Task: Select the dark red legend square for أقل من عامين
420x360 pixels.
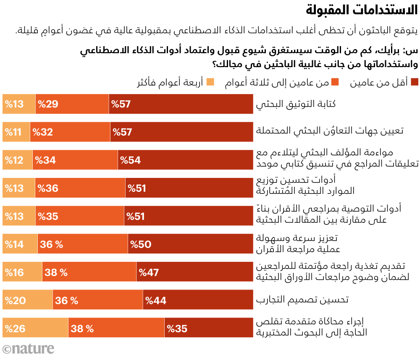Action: (x=415, y=83)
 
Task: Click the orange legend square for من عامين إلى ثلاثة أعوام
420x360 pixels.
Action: (x=336, y=83)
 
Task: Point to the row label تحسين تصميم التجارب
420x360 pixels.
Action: (x=302, y=300)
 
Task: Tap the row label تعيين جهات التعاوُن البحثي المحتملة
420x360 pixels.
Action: (x=330, y=131)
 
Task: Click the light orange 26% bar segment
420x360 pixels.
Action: (x=35, y=329)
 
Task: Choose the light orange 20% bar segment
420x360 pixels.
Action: (x=28, y=300)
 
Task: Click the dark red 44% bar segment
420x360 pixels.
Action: (x=199, y=300)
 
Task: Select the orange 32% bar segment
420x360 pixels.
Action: (x=70, y=131)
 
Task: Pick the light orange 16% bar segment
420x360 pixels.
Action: (x=22, y=272)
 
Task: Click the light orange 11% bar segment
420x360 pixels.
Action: (x=16, y=131)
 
